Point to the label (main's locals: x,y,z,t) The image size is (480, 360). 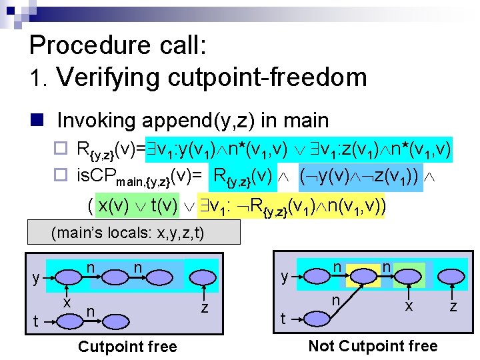coord(127,233)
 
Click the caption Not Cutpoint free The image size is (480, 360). coord(373,346)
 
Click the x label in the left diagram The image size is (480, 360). coord(67,301)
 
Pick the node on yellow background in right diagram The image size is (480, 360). coord(367,275)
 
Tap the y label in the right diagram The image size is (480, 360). coord(285,276)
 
